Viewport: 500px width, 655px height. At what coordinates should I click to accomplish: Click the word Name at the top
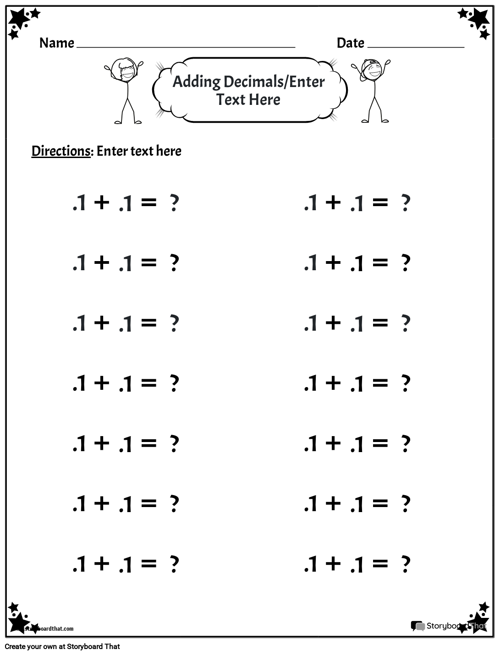[x=57, y=43]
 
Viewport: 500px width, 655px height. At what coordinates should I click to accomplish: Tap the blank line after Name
[x=186, y=46]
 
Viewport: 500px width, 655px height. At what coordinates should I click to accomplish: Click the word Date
[x=350, y=43]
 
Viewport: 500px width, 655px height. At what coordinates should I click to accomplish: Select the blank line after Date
[x=416, y=46]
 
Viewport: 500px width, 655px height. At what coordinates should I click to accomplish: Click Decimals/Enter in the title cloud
[x=274, y=82]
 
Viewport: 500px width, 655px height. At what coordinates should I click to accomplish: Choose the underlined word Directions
[x=61, y=151]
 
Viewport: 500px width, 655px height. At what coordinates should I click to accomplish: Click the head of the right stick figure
[x=371, y=69]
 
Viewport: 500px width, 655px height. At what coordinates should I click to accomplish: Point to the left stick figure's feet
[x=128, y=121]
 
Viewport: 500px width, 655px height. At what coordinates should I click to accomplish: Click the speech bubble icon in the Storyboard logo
[x=418, y=626]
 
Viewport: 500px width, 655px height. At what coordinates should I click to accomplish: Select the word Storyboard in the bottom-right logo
[x=445, y=626]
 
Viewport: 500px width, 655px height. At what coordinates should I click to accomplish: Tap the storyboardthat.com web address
[x=46, y=629]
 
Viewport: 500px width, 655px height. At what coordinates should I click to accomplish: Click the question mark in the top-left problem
[x=174, y=203]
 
